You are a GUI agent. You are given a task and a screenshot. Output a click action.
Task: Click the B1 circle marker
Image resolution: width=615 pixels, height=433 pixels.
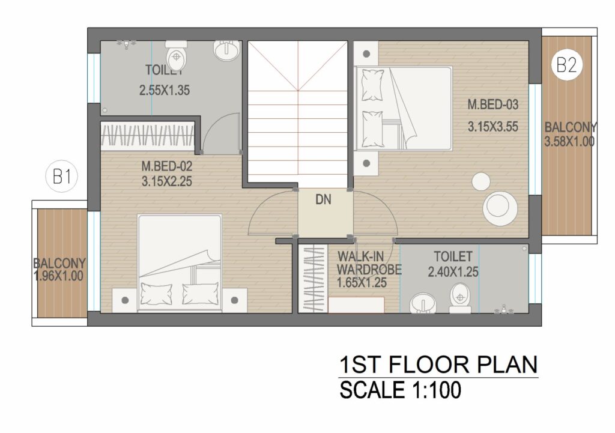pos(62,177)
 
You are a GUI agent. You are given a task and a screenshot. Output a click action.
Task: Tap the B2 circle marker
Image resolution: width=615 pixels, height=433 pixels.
pos(567,65)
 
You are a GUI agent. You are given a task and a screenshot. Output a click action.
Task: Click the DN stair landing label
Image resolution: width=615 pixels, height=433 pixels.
pos(323,199)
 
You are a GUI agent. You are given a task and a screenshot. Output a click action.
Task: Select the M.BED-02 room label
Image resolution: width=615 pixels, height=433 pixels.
pos(167,166)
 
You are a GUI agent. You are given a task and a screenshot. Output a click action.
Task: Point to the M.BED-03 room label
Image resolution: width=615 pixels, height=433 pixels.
pos(492,104)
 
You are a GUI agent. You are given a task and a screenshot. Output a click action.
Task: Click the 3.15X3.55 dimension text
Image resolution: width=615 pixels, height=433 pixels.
pos(492,127)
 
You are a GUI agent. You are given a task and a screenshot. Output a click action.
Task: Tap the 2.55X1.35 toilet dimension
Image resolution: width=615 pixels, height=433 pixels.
pos(165,90)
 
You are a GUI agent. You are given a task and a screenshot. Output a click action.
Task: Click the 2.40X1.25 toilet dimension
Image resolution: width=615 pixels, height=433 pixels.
pos(453,272)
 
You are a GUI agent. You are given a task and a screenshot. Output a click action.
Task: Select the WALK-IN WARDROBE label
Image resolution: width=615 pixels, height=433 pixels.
pos(369,263)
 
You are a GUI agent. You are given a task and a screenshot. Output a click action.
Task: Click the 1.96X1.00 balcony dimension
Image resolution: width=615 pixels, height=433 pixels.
pos(59,276)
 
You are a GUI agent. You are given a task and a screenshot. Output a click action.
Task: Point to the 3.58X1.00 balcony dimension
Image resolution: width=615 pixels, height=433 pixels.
pos(569,141)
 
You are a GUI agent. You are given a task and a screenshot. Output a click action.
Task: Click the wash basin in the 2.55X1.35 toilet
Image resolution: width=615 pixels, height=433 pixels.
pos(226,50)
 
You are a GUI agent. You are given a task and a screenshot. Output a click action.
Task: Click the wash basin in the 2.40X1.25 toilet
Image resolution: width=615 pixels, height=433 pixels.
pos(423,303)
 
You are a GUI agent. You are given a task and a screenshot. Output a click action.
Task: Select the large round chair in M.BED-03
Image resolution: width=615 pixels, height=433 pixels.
pos(500,208)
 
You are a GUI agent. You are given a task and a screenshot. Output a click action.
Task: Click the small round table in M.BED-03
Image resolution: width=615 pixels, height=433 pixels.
pos(480,181)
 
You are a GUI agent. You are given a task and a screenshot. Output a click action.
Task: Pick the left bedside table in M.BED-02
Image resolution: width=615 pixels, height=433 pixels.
pos(125,300)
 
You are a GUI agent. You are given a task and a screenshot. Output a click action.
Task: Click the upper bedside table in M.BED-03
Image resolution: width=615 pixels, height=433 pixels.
pos(366,53)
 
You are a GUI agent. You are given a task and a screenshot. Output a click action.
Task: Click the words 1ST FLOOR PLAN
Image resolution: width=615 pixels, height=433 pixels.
pos(438,365)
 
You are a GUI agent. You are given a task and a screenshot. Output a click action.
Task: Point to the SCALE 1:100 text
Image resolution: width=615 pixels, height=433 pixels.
pos(400,390)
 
